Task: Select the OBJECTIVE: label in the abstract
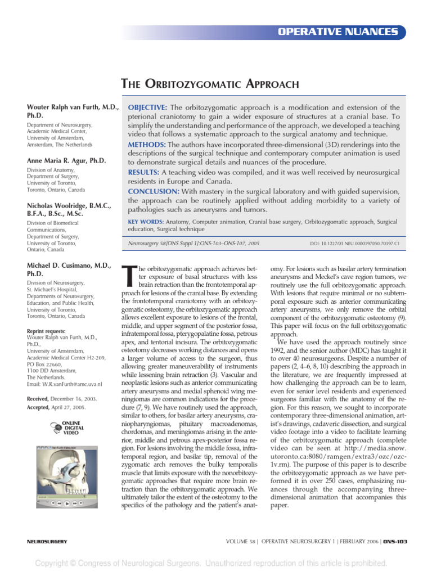[148, 107]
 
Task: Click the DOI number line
[354, 244]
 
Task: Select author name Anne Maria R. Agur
[66, 160]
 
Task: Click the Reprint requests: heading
[46, 331]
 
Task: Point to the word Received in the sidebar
[39, 398]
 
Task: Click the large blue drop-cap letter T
[129, 276]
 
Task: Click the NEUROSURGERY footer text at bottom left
[47, 541]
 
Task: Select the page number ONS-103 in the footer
[395, 541]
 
